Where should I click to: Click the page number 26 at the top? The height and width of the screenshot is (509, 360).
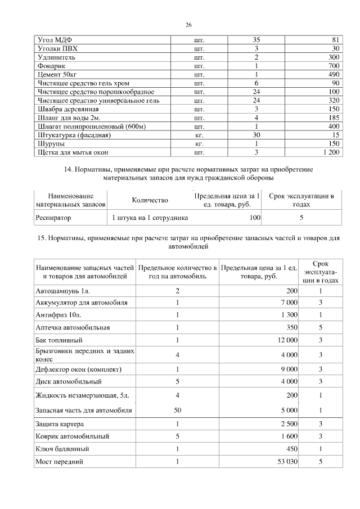pyautogui.click(x=189, y=24)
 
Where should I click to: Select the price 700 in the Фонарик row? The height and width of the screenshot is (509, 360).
pyautogui.click(x=334, y=66)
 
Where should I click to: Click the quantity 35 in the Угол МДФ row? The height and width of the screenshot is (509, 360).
pyautogui.click(x=256, y=40)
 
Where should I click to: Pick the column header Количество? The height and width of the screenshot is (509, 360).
pyautogui.click(x=150, y=200)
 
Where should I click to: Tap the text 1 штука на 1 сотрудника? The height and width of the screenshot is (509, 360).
pyautogui.click(x=150, y=217)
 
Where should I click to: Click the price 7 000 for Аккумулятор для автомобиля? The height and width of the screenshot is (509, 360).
pyautogui.click(x=287, y=303)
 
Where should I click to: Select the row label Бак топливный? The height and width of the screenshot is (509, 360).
pyautogui.click(x=59, y=340)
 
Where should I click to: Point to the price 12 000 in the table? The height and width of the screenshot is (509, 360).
pyautogui.click(x=286, y=340)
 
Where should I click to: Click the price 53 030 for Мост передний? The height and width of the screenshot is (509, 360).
pyautogui.click(x=286, y=462)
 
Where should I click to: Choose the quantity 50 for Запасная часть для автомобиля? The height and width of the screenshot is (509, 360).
pyautogui.click(x=177, y=411)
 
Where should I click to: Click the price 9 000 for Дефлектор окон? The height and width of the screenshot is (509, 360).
pyautogui.click(x=287, y=370)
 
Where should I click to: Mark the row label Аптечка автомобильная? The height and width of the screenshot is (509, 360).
pyautogui.click(x=72, y=327)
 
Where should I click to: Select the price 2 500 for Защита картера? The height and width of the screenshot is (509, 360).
pyautogui.click(x=287, y=424)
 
